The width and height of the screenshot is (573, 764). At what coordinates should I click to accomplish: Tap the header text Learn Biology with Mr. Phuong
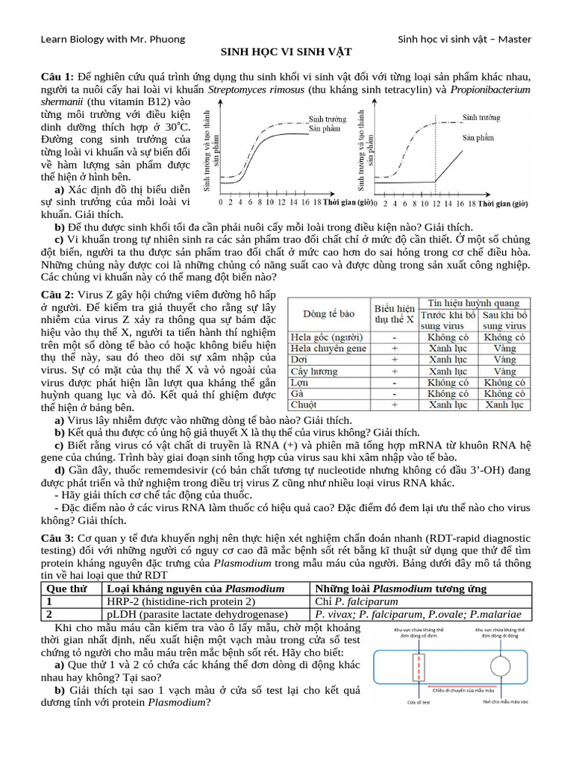[x=113, y=39]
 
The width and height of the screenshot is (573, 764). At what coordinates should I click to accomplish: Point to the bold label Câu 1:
[x=57, y=78]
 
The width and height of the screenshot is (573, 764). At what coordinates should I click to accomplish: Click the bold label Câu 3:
[x=57, y=539]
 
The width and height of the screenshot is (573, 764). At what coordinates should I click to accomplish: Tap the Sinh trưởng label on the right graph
[x=481, y=117]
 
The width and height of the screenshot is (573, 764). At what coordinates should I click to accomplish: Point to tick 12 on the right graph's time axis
[x=437, y=202]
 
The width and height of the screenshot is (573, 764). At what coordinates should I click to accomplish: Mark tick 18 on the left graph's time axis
[x=317, y=202]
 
